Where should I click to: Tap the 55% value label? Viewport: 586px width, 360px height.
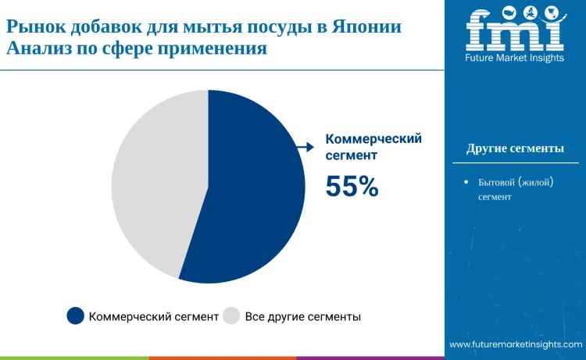[x=352, y=186]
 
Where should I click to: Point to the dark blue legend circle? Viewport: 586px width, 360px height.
[x=75, y=316]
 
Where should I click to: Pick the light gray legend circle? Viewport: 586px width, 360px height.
[x=231, y=316]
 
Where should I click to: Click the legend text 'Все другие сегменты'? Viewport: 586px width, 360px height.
[x=302, y=317]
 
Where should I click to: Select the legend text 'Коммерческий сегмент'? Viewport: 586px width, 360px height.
[x=153, y=317]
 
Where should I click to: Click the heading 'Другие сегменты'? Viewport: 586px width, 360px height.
[x=515, y=148]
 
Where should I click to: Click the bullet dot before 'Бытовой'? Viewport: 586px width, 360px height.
[x=466, y=182]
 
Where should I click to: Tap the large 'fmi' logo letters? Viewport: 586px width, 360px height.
[x=515, y=30]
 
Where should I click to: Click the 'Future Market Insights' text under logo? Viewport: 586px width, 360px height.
[x=515, y=58]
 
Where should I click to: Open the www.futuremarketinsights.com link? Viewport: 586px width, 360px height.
[x=516, y=344]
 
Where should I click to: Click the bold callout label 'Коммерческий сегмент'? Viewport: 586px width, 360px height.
[x=373, y=147]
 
